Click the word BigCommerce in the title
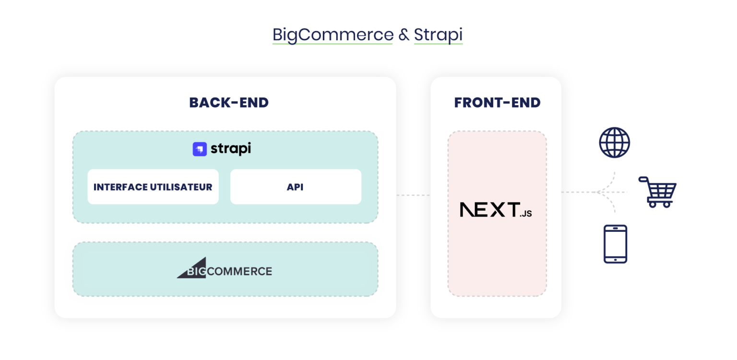click(333, 35)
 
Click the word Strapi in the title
click(438, 35)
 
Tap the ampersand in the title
click(403, 35)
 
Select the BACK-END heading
click(229, 103)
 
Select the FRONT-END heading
click(497, 103)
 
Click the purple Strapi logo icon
click(200, 149)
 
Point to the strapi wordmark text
click(230, 149)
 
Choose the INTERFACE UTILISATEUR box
click(153, 187)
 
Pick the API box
click(296, 187)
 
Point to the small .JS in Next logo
click(526, 214)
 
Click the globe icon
click(614, 143)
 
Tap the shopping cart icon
click(658, 192)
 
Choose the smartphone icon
click(615, 244)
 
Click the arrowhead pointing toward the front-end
click(600, 192)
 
